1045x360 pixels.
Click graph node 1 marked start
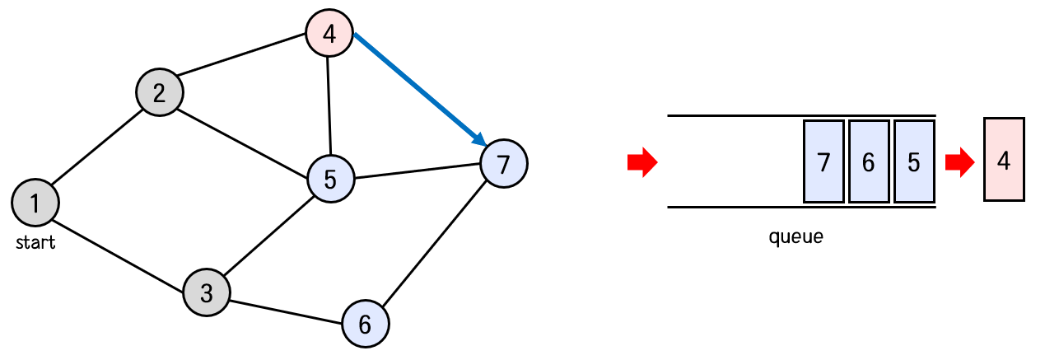click(35, 202)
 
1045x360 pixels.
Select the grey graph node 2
click(160, 91)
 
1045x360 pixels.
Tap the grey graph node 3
click(207, 292)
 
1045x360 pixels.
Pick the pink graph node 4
click(329, 35)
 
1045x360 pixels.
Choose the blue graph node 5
click(330, 179)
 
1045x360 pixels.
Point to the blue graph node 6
click(365, 324)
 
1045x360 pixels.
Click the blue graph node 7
click(503, 163)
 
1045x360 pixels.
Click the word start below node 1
click(36, 242)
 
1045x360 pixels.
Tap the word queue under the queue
click(795, 238)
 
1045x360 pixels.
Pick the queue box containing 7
click(823, 161)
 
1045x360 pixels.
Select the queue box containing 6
click(869, 161)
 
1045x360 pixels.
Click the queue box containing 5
click(913, 161)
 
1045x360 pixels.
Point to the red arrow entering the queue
click(642, 162)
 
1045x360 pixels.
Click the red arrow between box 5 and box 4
click(959, 162)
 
